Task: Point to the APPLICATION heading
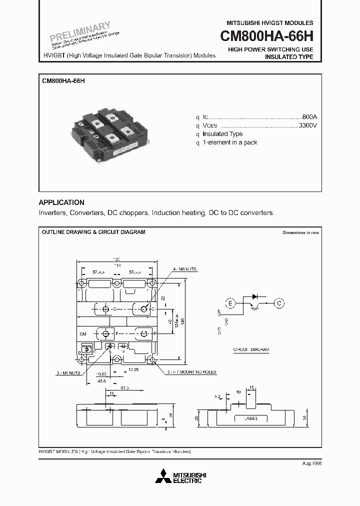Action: tap(61, 202)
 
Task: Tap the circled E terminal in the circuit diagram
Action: tap(230, 303)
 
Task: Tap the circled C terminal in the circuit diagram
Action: tap(279, 303)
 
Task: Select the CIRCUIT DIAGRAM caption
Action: tap(251, 349)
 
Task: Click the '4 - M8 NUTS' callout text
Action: tap(184, 269)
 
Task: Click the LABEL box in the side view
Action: tap(250, 418)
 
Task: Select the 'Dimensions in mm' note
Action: tap(300, 232)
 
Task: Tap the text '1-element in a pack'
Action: tap(229, 142)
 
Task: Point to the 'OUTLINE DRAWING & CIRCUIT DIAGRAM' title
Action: tap(93, 232)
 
